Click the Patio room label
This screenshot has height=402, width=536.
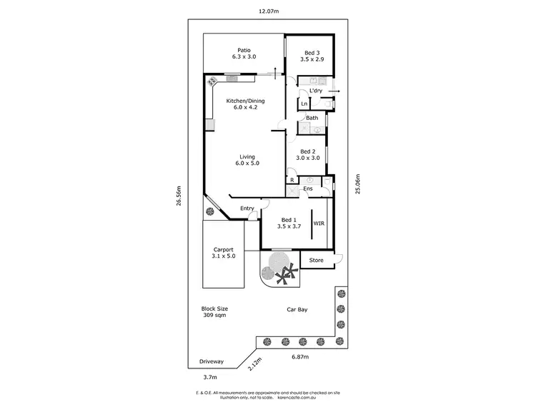pyautogui.click(x=243, y=53)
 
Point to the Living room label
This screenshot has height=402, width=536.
pyautogui.click(x=247, y=160)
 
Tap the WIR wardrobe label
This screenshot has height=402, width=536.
pyautogui.click(x=318, y=222)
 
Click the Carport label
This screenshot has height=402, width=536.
pyautogui.click(x=223, y=253)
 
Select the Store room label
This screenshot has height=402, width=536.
pyautogui.click(x=316, y=261)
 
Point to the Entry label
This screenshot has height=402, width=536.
pyautogui.click(x=247, y=208)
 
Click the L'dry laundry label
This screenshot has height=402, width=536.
pyautogui.click(x=317, y=91)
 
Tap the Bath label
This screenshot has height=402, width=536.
pyautogui.click(x=312, y=118)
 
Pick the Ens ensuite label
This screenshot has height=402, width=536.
pyautogui.click(x=308, y=189)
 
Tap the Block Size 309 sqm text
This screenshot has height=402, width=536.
pyautogui.click(x=214, y=311)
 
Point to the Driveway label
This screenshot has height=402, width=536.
pyautogui.click(x=212, y=362)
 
